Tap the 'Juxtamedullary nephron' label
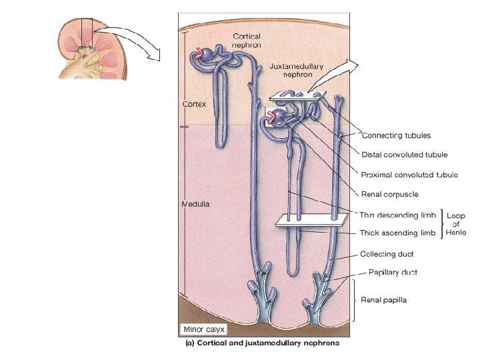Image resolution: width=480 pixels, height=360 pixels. tap(298, 70)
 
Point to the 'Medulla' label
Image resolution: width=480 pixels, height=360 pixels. tap(196, 204)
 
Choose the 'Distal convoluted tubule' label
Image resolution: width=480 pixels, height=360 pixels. tap(404, 155)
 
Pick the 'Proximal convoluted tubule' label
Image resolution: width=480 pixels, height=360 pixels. tap(408, 175)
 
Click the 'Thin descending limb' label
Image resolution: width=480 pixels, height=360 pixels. tap(398, 215)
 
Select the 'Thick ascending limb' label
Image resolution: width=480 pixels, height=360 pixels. tap(398, 233)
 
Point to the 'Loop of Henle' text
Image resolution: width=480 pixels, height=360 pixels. tap(457, 224)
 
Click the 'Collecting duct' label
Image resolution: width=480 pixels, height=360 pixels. tap(387, 254)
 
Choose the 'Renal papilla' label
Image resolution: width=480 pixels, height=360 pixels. tap(383, 300)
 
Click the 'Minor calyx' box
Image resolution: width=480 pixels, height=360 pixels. tap(203, 329)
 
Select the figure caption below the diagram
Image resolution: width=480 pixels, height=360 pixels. tap(262, 343)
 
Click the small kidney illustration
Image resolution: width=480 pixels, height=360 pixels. tap(85, 50)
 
